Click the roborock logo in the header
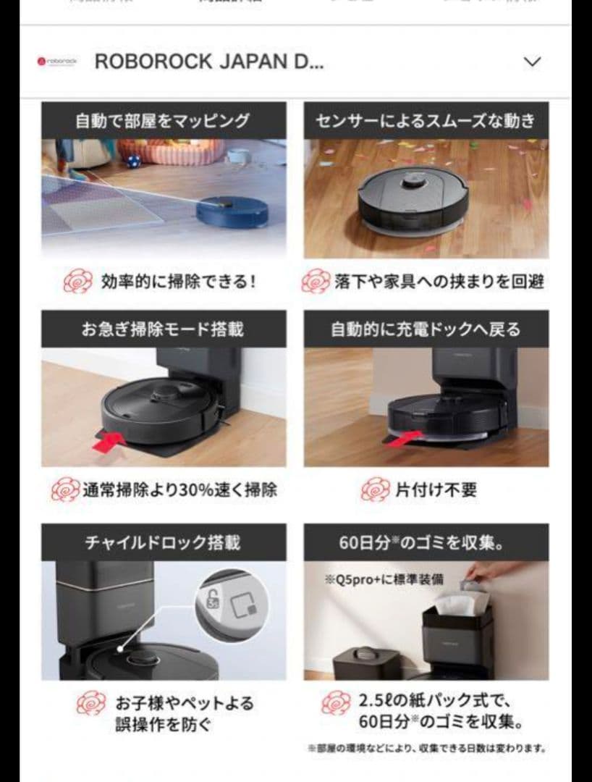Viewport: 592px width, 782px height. (x=56, y=62)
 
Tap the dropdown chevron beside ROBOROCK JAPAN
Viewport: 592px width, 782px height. (x=532, y=62)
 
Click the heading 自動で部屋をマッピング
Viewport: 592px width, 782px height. (x=163, y=120)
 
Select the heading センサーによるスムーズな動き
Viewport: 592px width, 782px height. (x=426, y=120)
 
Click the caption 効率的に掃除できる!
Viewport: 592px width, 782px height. (x=178, y=281)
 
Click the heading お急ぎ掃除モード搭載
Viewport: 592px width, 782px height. (x=163, y=329)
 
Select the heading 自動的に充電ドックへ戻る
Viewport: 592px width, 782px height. (x=426, y=329)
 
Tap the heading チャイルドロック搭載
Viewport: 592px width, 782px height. (x=163, y=542)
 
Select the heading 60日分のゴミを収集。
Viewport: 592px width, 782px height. (x=426, y=542)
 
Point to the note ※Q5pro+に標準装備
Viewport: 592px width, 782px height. (x=384, y=579)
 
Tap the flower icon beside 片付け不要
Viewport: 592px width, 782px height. (x=375, y=490)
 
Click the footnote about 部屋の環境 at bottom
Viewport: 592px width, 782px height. (x=426, y=748)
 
